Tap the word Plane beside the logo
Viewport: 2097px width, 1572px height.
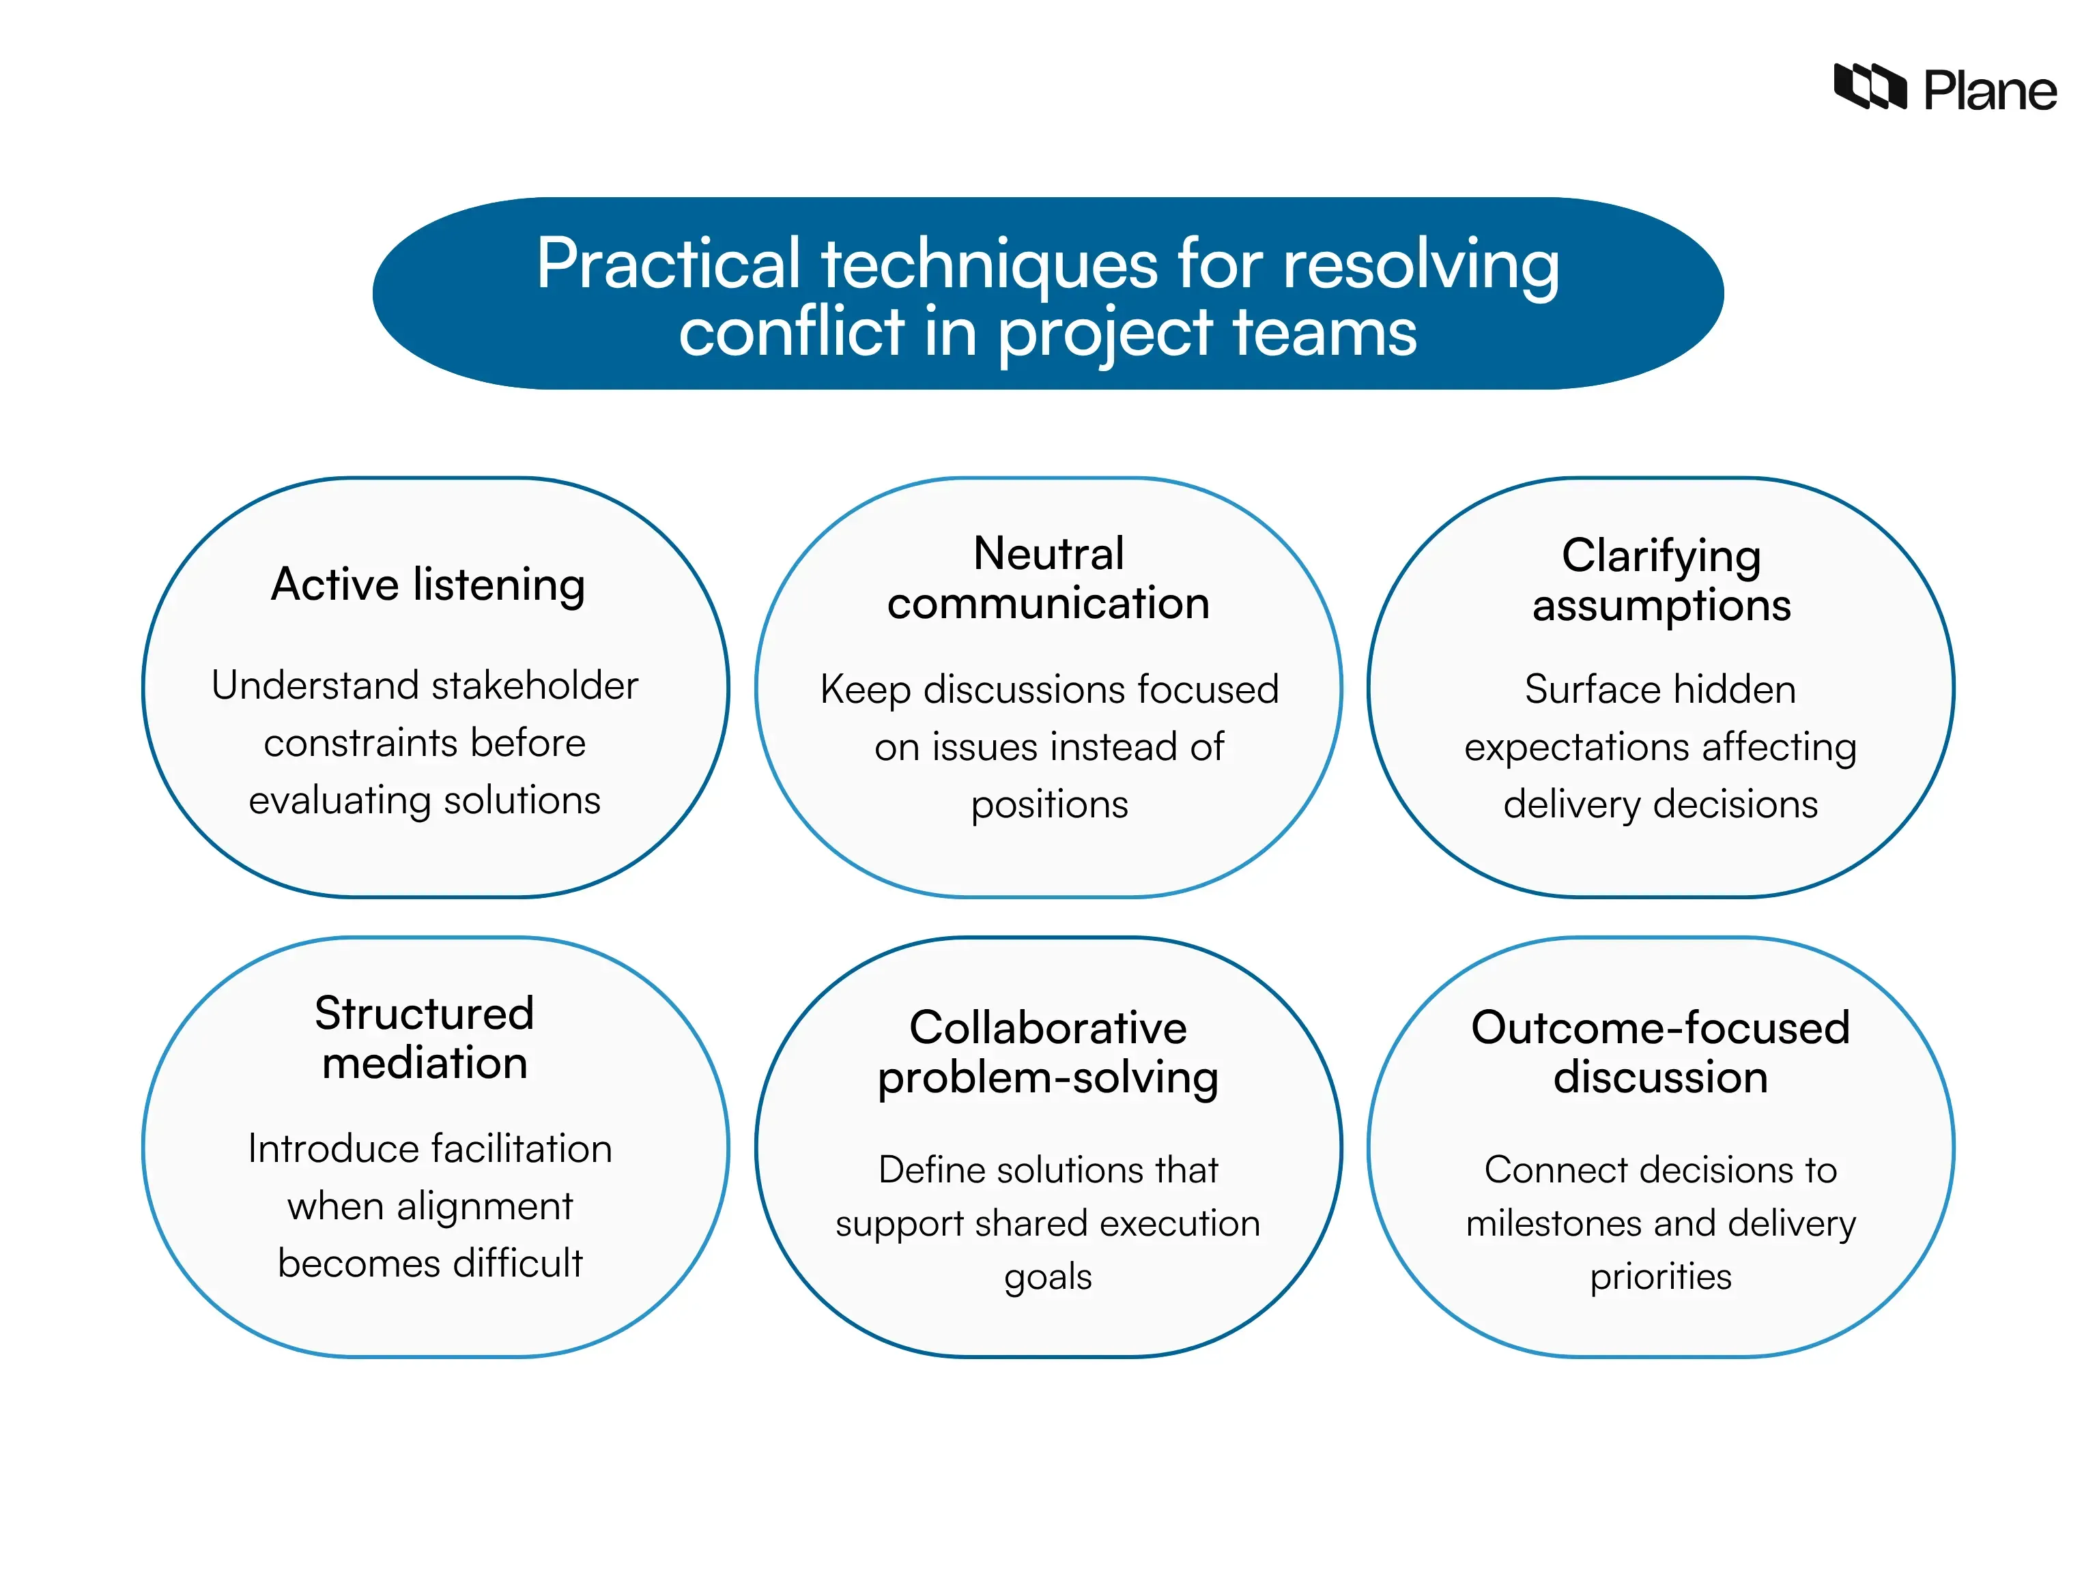1989,92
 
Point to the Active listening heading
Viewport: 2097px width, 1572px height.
427,585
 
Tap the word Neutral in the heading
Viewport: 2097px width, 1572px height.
1048,553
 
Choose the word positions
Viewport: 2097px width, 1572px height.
1049,804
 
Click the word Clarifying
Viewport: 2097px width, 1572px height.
1661,555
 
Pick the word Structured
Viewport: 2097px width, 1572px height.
425,1013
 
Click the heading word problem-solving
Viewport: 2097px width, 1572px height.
1048,1078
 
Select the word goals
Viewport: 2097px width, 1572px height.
1048,1277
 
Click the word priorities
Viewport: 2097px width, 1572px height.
1660,1277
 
